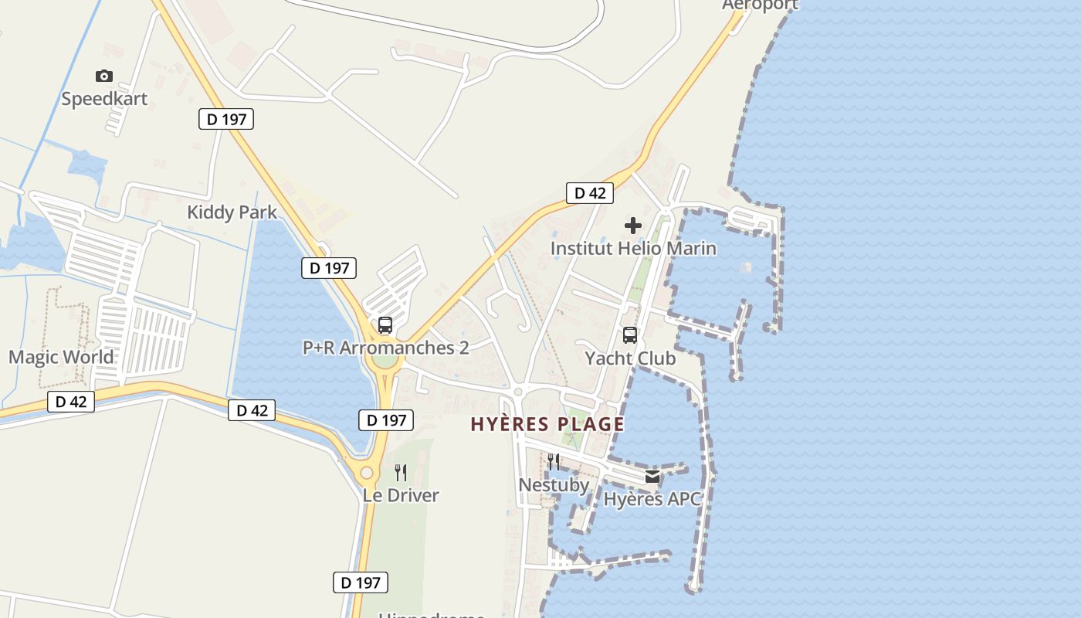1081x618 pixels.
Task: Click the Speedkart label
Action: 104,99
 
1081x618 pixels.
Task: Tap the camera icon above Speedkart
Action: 104,76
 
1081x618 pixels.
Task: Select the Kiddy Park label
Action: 232,212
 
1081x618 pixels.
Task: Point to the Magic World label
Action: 61,357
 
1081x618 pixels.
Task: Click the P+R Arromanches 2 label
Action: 385,348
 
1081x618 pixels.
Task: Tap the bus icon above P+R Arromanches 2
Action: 385,325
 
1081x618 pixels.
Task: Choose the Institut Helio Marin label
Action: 633,248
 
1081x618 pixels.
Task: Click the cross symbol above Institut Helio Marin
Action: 633,226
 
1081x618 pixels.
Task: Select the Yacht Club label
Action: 630,358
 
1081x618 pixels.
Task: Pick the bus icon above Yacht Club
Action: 630,335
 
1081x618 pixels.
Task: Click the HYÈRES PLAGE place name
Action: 547,424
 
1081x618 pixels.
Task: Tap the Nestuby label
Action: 554,485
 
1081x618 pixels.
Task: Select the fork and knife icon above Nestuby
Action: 554,462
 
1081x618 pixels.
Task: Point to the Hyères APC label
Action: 652,499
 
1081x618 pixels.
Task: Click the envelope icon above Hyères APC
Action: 652,477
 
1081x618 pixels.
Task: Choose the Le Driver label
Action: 401,495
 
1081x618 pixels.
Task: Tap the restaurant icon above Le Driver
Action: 401,472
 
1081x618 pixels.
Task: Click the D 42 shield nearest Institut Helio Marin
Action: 590,193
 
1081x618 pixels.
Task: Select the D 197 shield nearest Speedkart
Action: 226,119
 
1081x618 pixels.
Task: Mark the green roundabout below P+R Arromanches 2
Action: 385,361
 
